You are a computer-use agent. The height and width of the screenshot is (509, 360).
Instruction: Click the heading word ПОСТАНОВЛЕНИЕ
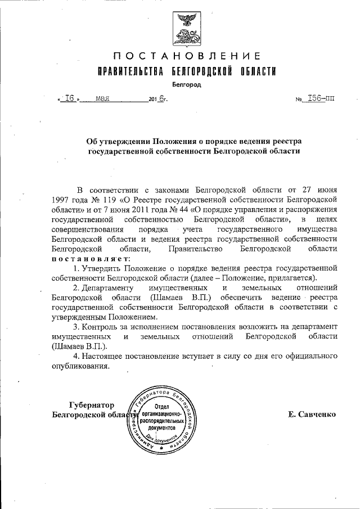186,56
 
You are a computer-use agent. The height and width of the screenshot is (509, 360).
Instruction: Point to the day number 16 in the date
70,98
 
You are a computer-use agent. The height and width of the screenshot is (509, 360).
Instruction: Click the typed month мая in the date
102,98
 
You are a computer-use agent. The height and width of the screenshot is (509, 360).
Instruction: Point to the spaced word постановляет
91,258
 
